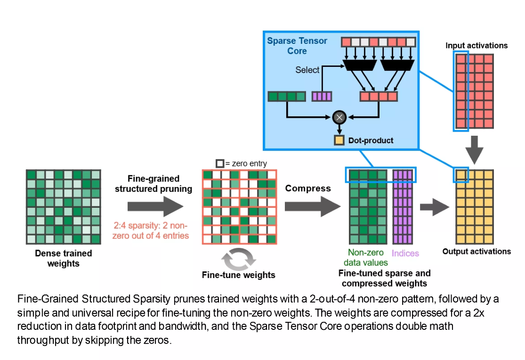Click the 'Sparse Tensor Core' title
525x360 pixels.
[x=297, y=46]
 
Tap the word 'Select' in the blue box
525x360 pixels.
[x=307, y=70]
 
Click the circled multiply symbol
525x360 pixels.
[x=338, y=117]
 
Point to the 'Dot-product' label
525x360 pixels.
[x=371, y=140]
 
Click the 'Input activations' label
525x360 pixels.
[x=476, y=46]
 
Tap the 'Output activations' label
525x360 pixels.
[x=476, y=251]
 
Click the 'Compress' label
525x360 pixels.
[x=308, y=188]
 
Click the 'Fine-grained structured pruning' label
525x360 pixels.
[x=153, y=184]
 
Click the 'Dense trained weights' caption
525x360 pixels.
[x=63, y=258]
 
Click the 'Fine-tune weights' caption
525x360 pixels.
[x=239, y=275]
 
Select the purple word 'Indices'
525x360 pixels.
[x=405, y=253]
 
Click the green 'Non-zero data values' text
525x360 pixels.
[x=366, y=258]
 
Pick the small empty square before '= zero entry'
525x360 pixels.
[x=220, y=164]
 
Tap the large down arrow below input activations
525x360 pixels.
[x=474, y=149]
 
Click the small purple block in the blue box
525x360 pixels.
[x=322, y=96]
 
